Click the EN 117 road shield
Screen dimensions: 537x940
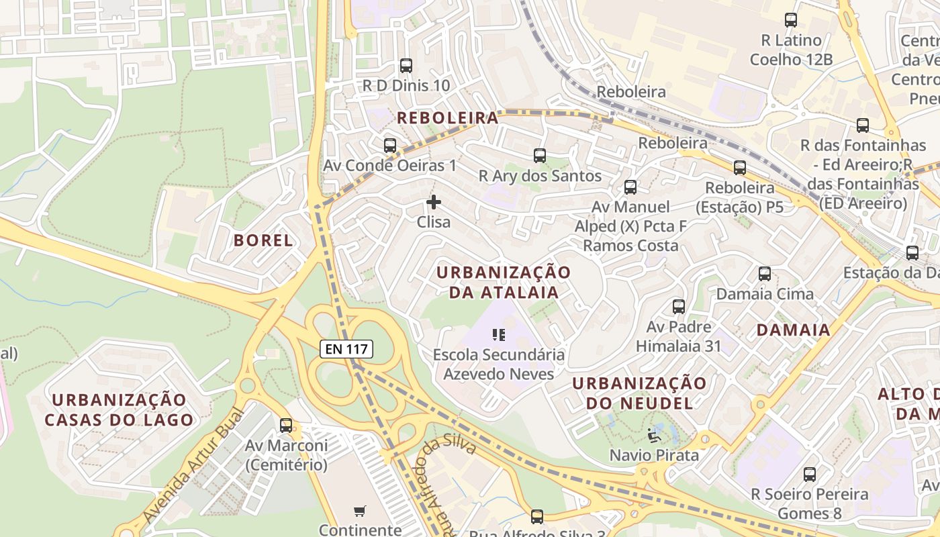(x=346, y=348)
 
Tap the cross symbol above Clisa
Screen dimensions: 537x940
(x=434, y=201)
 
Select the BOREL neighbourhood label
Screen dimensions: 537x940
(x=263, y=240)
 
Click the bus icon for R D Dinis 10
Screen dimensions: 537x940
(x=406, y=66)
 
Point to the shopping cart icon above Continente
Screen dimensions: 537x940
(x=359, y=511)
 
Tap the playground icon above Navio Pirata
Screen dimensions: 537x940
(x=654, y=435)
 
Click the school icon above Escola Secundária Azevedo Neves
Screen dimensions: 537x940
(x=498, y=334)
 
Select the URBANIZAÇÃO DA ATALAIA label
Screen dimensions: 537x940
(x=503, y=282)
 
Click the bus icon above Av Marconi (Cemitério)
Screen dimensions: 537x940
(x=286, y=425)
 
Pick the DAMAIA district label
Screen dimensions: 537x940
(x=793, y=330)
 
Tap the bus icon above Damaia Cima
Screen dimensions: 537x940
(x=765, y=274)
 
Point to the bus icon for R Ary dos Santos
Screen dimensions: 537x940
(x=540, y=156)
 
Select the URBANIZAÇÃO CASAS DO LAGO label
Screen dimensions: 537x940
(x=119, y=410)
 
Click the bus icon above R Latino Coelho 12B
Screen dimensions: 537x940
(x=791, y=20)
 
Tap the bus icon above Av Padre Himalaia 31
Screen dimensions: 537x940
(x=679, y=307)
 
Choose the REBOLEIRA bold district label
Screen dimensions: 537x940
(x=447, y=118)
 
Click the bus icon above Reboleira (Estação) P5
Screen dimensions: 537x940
(x=740, y=168)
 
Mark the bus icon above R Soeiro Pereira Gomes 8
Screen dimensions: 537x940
(x=810, y=475)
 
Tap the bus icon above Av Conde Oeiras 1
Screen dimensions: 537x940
(x=390, y=146)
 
